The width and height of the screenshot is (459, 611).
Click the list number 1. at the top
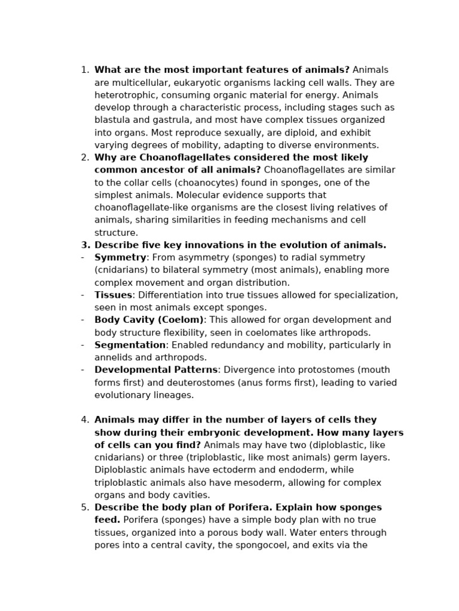(x=85, y=70)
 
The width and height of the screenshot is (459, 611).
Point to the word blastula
(x=113, y=121)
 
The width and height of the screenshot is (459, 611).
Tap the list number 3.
(x=85, y=245)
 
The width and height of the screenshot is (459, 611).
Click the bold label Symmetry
(x=120, y=258)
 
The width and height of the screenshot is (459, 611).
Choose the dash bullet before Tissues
(x=82, y=295)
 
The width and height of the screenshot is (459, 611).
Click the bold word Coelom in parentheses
(x=179, y=320)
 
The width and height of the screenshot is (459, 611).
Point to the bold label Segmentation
(x=130, y=345)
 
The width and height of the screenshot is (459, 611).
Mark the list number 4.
(x=85, y=420)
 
